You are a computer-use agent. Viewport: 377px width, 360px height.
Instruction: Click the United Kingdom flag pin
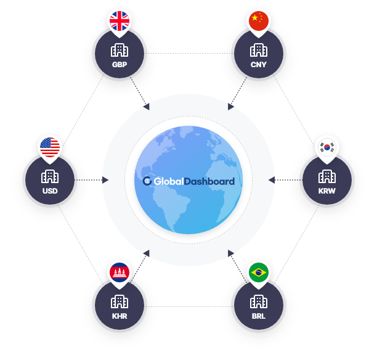(119, 22)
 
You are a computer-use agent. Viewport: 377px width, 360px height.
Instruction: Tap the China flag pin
(259, 21)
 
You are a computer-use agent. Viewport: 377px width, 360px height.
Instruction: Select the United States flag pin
(50, 147)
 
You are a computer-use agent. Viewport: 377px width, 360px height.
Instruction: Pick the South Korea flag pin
(327, 148)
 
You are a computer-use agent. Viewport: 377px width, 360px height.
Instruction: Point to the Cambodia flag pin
(120, 272)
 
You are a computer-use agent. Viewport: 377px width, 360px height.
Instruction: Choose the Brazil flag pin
(259, 272)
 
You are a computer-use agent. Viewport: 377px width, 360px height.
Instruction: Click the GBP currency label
(119, 64)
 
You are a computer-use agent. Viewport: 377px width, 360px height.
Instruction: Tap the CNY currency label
(259, 64)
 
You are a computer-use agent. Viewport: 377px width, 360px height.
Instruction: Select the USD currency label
(50, 190)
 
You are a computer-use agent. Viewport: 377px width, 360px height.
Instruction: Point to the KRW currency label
(327, 190)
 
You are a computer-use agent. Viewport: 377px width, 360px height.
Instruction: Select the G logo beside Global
(147, 181)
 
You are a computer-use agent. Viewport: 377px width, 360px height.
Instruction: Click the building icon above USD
(50, 176)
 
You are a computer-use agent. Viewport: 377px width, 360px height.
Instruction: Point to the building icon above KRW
(327, 176)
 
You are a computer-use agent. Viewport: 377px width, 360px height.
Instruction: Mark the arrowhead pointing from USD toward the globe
(105, 180)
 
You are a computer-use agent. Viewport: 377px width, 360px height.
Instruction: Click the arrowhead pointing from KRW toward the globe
(272, 180)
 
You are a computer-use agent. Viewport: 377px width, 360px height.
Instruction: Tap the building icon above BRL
(259, 301)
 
